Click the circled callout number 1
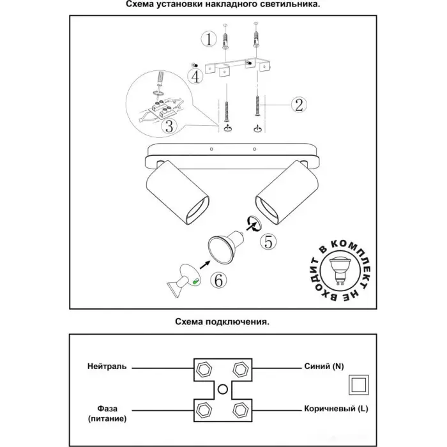point(208,40)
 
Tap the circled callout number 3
point(169,126)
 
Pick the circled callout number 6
point(218,279)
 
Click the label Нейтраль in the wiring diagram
point(107,367)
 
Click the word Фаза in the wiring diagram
point(107,409)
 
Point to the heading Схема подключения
point(222,322)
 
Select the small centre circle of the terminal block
point(222,388)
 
